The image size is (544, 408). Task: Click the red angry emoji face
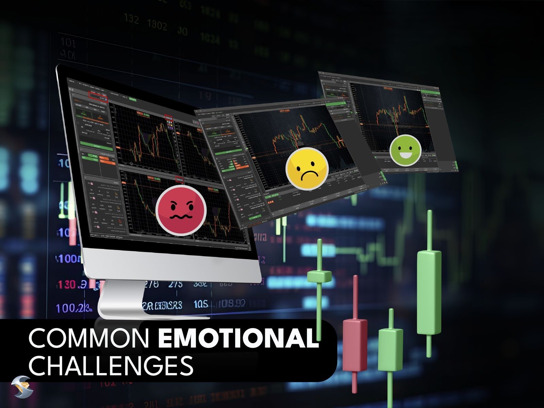pyautogui.click(x=181, y=209)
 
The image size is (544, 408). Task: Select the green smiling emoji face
pyautogui.click(x=405, y=150)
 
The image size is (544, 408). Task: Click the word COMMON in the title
pyautogui.click(x=89, y=338)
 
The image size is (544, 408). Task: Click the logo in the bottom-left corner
pyautogui.click(x=21, y=387)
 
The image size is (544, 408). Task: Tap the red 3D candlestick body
pyautogui.click(x=355, y=344)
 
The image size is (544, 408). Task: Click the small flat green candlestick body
pyautogui.click(x=319, y=276)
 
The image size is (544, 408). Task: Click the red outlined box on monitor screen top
pyautogui.click(x=98, y=97)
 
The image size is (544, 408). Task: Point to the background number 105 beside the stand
pyautogui.click(x=201, y=304)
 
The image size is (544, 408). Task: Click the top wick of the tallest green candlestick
pyautogui.click(x=429, y=230)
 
